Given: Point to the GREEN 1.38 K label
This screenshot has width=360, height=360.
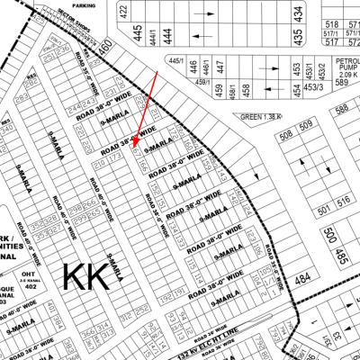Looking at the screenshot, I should (x=262, y=117).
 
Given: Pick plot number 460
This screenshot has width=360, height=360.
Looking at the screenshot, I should (x=105, y=44).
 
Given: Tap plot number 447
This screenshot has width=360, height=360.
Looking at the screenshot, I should (x=219, y=67).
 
